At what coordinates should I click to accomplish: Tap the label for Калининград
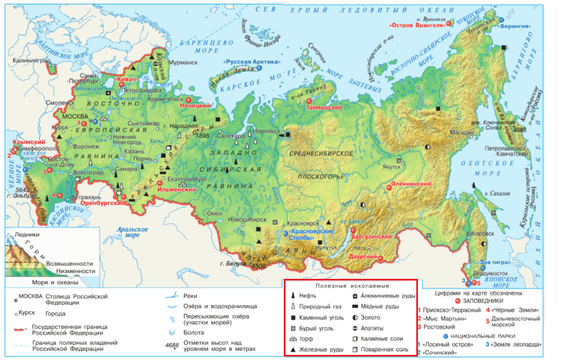(x=26, y=59)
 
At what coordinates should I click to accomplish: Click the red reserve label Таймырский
(x=324, y=107)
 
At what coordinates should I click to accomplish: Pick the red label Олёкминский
(x=411, y=185)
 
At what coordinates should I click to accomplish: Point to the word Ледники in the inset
(x=29, y=235)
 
